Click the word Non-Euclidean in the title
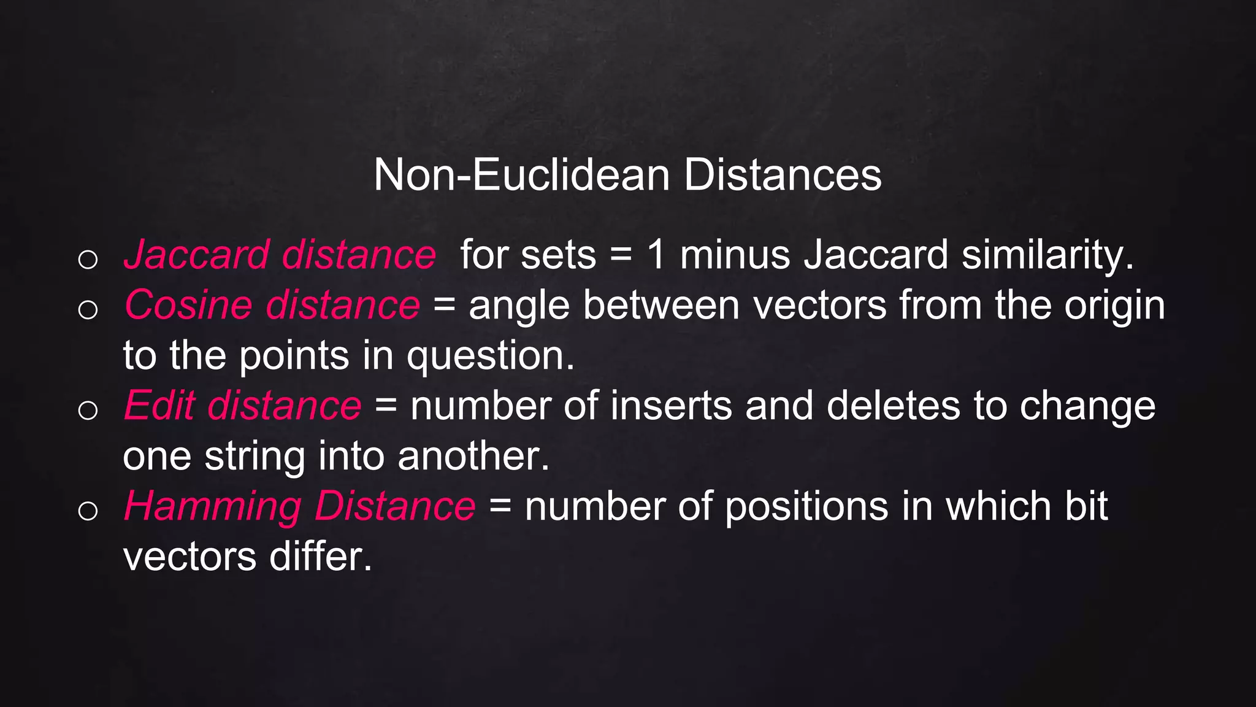pyautogui.click(x=521, y=176)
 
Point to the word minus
pyautogui.click(x=735, y=255)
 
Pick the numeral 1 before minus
pyautogui.click(x=656, y=255)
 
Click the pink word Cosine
pyautogui.click(x=188, y=305)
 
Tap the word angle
pyautogui.click(x=519, y=306)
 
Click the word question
pyautogui.click(x=490, y=357)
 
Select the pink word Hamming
pyautogui.click(x=212, y=508)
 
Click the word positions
pyautogui.click(x=806, y=508)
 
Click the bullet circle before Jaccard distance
pyautogui.click(x=88, y=259)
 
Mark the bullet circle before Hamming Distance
pyautogui.click(x=88, y=511)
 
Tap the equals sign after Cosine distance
pyautogui.click(x=444, y=305)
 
